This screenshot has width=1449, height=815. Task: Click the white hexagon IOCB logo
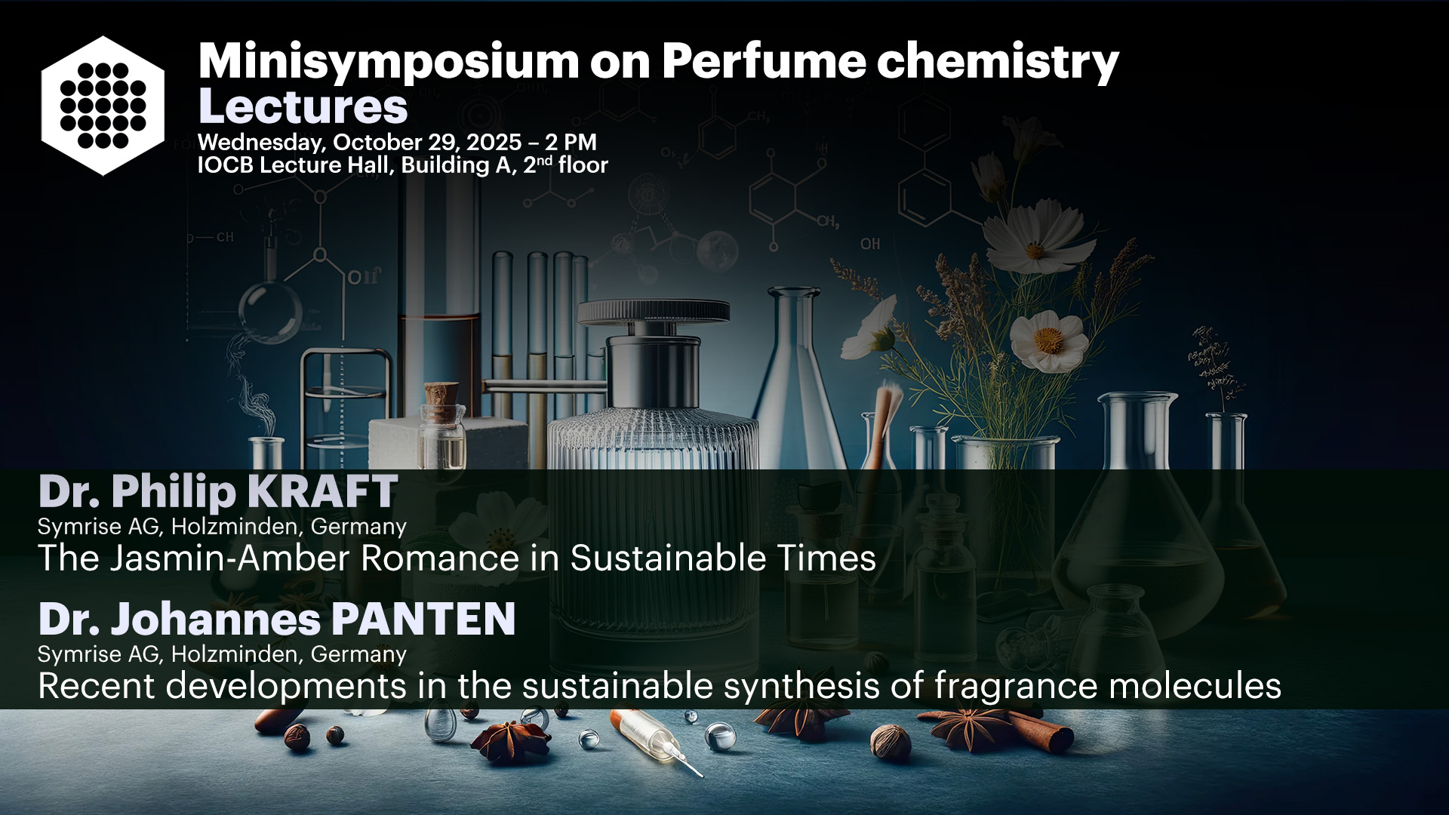103,106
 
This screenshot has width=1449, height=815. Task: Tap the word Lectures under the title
303,106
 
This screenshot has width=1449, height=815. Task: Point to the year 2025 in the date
494,142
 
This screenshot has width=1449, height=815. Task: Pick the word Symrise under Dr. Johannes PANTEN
82,654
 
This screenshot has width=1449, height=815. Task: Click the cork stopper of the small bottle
441,395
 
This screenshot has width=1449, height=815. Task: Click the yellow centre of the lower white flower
1048,340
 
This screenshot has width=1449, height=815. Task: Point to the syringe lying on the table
656,740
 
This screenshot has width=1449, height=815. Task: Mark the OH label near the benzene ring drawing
870,244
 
